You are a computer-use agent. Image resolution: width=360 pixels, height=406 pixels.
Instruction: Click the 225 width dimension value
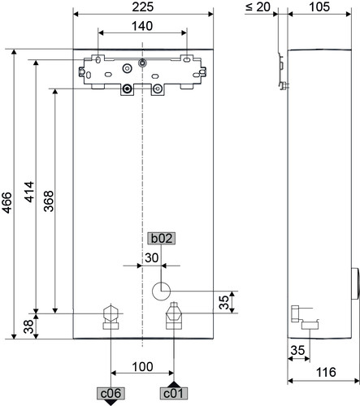coord(143,7)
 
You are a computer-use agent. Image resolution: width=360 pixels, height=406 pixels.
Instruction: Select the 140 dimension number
coord(142,26)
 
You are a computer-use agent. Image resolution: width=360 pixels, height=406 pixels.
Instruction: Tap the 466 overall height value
coord(7,202)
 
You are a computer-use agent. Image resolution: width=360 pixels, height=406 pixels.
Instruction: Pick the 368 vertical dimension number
coord(49,201)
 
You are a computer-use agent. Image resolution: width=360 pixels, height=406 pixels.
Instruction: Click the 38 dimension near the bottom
coord(28,326)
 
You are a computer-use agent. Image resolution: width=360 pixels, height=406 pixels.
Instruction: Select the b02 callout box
coord(162,239)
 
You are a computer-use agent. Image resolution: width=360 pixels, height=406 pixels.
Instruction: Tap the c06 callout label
coord(111,393)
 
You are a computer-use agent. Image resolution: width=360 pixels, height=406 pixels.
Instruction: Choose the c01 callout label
coord(174,393)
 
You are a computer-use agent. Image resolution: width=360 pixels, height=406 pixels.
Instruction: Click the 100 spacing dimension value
coord(142,367)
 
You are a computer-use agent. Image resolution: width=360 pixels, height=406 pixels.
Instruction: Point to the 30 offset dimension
coord(151,258)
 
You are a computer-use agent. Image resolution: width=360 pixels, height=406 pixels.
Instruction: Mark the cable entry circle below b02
coord(161,292)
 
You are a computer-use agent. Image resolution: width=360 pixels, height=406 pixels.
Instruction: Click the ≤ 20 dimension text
coord(258,7)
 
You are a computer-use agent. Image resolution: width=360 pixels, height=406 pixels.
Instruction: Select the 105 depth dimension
coord(319,7)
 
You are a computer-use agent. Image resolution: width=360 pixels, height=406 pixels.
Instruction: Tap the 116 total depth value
coord(326,372)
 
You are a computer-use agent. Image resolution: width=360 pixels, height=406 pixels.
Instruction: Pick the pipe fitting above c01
coord(174,316)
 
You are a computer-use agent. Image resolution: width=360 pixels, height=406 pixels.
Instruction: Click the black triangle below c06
coord(111,403)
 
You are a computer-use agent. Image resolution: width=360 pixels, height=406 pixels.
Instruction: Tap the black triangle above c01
coord(174,384)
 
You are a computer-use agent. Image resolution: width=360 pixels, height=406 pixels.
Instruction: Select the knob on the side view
coord(355,283)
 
